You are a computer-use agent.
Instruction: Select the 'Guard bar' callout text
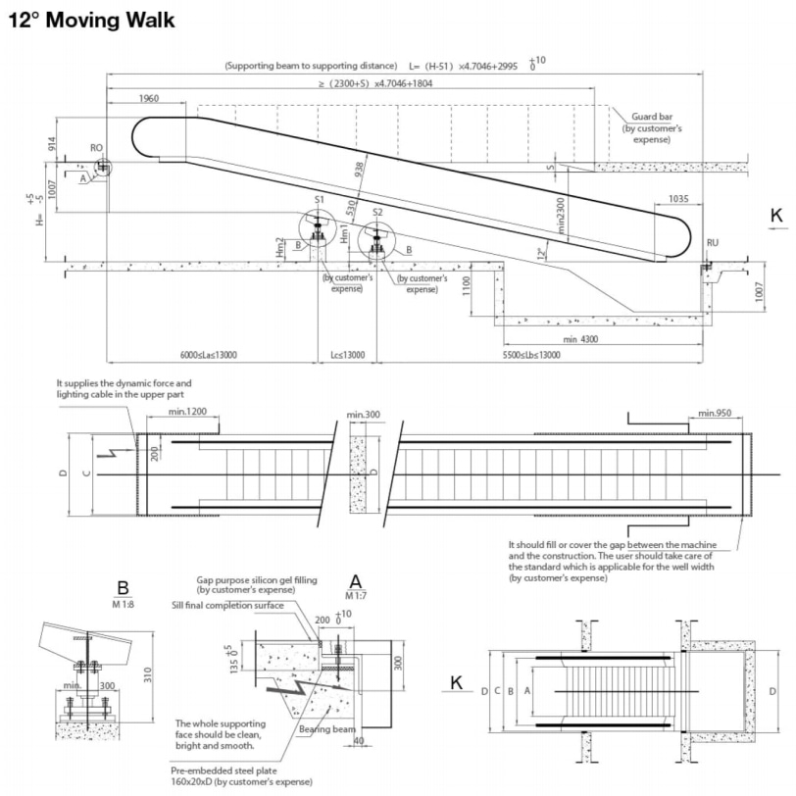[645, 118]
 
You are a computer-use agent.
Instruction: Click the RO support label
[97, 148]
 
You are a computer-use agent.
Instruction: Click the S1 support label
[319, 199]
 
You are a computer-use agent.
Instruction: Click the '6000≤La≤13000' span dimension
[210, 355]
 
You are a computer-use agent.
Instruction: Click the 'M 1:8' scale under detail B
[123, 604]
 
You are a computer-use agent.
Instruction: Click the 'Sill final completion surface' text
[228, 605]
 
